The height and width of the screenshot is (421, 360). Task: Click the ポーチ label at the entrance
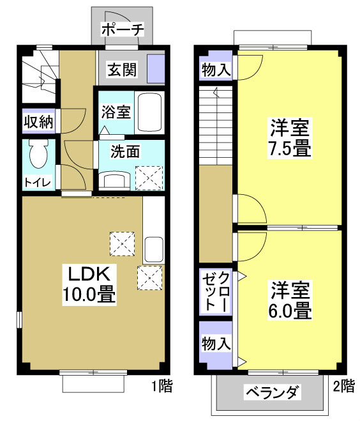(x=123, y=29)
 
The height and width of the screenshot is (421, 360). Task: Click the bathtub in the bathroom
(x=151, y=112)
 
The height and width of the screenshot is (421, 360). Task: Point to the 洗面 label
(x=125, y=152)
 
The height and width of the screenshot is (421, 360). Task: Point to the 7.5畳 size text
(x=289, y=149)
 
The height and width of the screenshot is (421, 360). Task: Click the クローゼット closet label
(x=216, y=292)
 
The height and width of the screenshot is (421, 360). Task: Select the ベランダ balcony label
(x=272, y=392)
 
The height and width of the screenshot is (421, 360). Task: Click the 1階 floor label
(x=161, y=386)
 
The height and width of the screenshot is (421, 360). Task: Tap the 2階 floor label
(x=343, y=386)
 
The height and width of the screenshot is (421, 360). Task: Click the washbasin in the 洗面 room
(x=116, y=180)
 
